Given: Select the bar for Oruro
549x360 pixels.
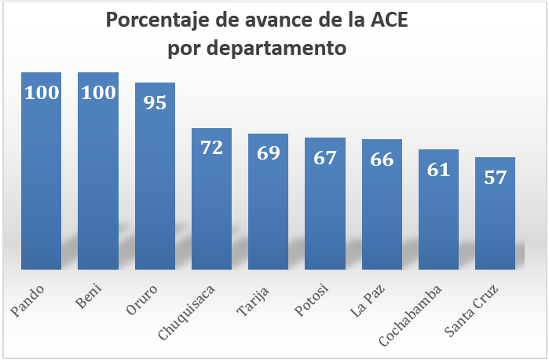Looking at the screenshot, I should tap(155, 189).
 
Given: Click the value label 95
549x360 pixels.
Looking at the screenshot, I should tap(155, 102).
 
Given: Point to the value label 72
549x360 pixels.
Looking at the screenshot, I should tap(212, 147).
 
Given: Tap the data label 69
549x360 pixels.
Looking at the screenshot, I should tap(269, 152).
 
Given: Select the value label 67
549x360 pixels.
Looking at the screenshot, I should tap(325, 156).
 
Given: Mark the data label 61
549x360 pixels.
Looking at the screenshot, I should tap(438, 169).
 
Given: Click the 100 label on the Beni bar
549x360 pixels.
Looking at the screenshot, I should tap(98, 92).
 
